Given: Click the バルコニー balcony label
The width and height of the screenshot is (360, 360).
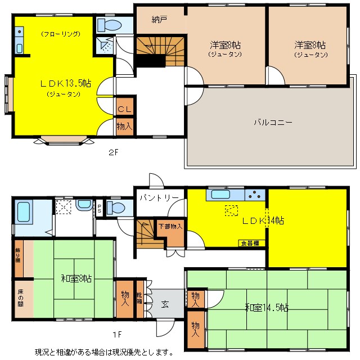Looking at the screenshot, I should tap(272, 122).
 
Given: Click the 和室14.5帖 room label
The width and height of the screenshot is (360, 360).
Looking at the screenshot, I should tap(267, 308).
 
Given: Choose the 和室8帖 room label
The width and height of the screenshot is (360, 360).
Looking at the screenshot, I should tap(76, 278).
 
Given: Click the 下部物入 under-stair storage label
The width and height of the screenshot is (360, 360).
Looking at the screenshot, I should tap(169, 226).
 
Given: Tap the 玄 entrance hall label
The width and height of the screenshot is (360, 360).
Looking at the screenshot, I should tap(165, 304).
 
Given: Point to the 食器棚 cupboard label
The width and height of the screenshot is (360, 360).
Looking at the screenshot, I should tap(250, 244).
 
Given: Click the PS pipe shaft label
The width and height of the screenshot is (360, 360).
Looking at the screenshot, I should tap(100, 208).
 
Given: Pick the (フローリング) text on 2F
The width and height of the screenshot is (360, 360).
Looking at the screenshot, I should tap(60, 34).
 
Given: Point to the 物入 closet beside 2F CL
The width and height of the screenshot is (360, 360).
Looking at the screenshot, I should tap(124, 127).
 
